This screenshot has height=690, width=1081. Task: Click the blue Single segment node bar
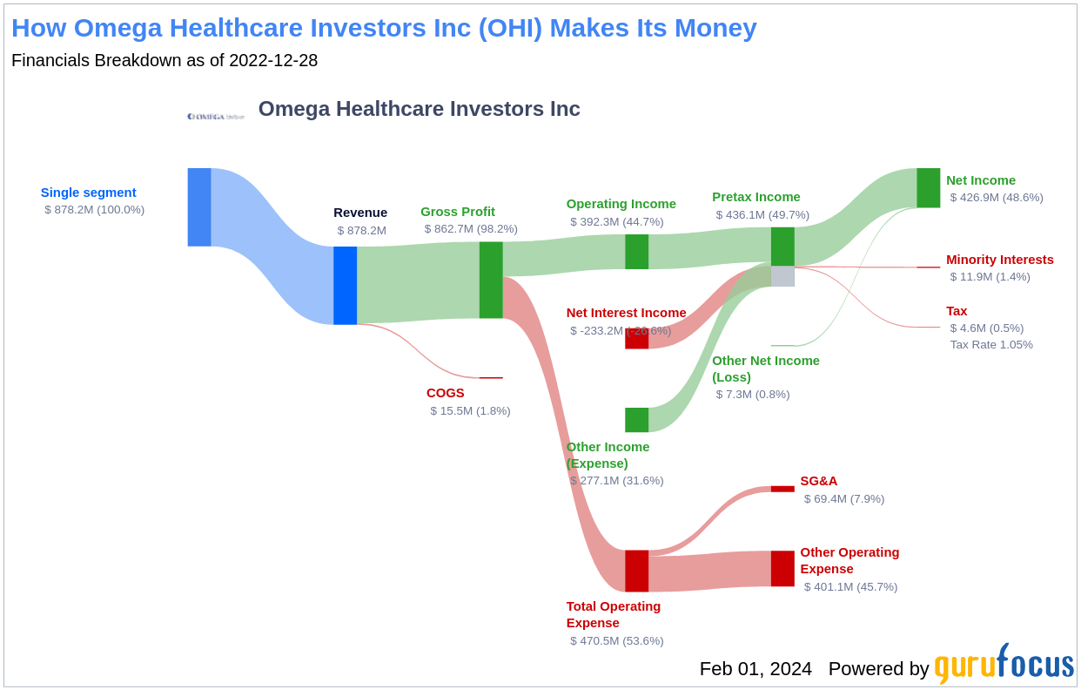coord(199,207)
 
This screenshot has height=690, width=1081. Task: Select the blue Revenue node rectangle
coord(345,285)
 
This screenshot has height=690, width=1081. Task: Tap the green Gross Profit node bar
coord(491,280)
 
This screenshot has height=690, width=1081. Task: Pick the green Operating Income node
coord(636,252)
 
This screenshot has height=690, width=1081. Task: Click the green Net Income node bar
coord(928,188)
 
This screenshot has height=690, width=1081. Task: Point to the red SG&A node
coord(782,489)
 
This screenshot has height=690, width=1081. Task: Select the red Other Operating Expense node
coord(782,568)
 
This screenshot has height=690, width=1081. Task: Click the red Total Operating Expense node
coord(636,571)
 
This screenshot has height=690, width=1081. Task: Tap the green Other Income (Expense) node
coord(636,420)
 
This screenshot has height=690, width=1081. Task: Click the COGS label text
coord(445,393)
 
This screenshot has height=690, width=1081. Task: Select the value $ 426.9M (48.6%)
coord(996,198)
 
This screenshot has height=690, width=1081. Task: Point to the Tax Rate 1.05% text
coord(991,345)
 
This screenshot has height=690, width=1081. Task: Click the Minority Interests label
coord(999,260)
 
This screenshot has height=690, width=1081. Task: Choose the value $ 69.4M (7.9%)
coord(843,499)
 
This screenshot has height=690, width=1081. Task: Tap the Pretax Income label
coord(755,197)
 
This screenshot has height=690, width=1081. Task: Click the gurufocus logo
coord(1004,665)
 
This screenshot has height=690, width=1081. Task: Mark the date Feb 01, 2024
coord(755,669)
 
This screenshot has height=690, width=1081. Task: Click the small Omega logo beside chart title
coord(216,116)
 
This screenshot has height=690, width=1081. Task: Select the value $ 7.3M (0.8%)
coord(752,395)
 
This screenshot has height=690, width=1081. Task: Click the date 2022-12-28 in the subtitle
coord(273,61)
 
